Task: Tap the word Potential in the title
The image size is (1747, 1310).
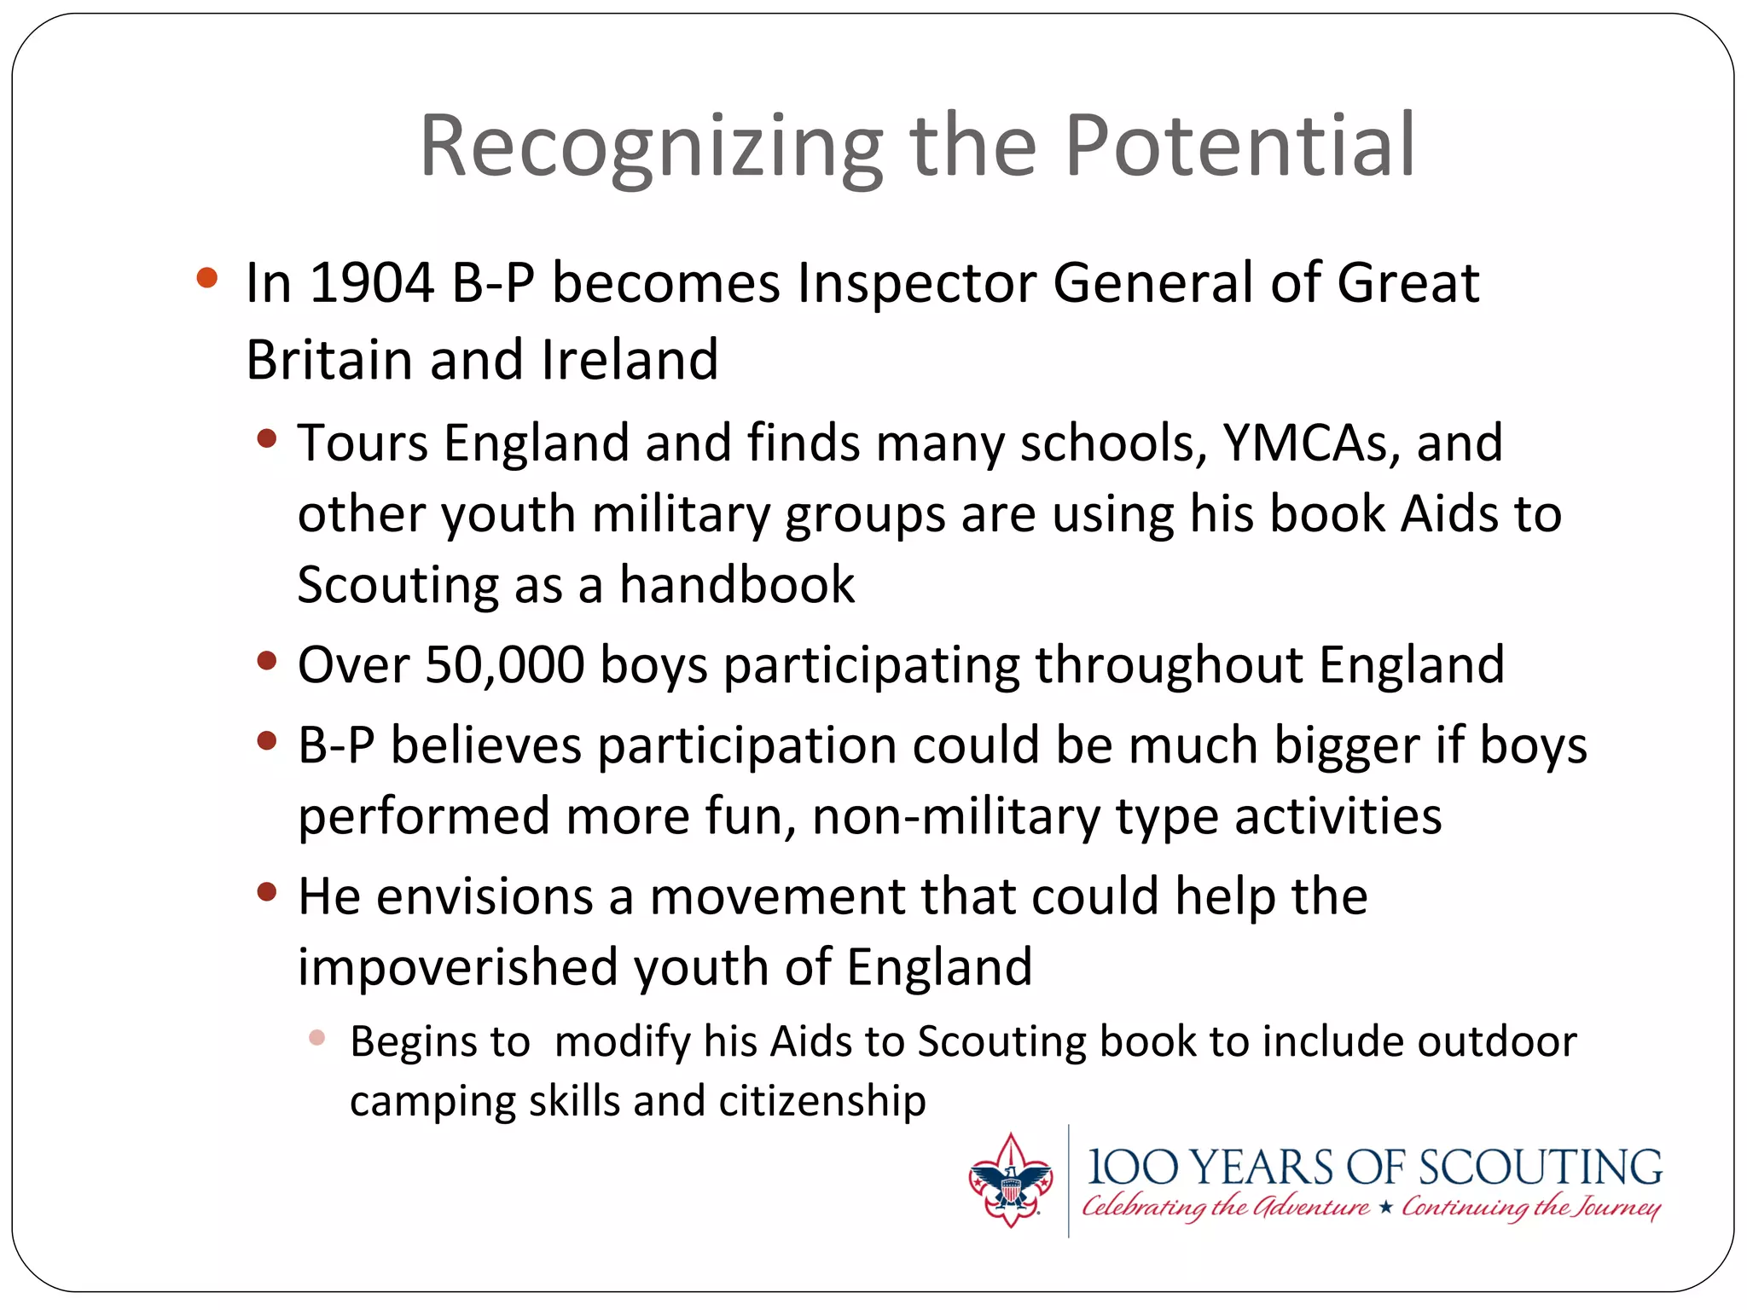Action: pos(1240,147)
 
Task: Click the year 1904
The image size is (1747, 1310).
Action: pos(372,283)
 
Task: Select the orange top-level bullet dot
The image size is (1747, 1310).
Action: pos(206,278)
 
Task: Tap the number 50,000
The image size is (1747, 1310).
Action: pos(505,665)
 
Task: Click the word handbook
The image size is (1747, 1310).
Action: pos(737,585)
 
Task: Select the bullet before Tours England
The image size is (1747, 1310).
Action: pos(267,439)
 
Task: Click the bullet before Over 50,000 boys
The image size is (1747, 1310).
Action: pos(267,661)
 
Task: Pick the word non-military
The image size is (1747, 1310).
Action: pos(956,817)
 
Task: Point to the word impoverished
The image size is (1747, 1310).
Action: pos(457,968)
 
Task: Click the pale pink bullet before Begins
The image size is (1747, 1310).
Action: pos(317,1038)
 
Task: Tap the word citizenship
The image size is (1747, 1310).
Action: pos(822,1101)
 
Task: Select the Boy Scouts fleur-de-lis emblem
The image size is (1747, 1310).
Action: pos(1010,1181)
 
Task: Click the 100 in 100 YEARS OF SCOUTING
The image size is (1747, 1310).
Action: pos(1133,1168)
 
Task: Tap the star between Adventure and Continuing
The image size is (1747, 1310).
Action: pos(1385,1207)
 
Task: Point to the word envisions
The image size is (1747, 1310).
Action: pos(485,897)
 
